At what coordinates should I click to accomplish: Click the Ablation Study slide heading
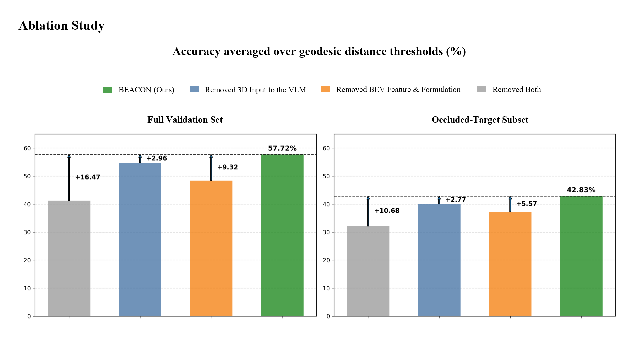click(62, 26)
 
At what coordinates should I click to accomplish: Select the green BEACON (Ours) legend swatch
click(107, 90)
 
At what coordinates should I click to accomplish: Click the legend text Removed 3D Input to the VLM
click(255, 90)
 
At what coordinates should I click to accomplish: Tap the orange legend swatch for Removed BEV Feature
click(325, 89)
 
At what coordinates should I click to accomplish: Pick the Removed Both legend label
click(516, 89)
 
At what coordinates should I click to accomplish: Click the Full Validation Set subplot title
click(185, 120)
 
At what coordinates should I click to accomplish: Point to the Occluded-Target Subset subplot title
click(480, 120)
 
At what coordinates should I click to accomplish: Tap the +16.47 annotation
click(88, 177)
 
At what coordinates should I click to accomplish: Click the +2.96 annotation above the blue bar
click(157, 158)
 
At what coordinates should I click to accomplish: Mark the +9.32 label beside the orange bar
click(228, 167)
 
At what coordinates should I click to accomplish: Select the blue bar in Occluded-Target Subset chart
click(439, 260)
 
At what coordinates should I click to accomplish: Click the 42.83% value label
click(581, 190)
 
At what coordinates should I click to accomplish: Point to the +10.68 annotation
click(387, 211)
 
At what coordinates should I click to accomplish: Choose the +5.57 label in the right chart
click(527, 204)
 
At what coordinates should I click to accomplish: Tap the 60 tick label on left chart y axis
click(27, 148)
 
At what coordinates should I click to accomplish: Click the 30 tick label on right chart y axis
click(326, 232)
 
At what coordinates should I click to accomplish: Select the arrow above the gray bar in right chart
click(368, 211)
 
